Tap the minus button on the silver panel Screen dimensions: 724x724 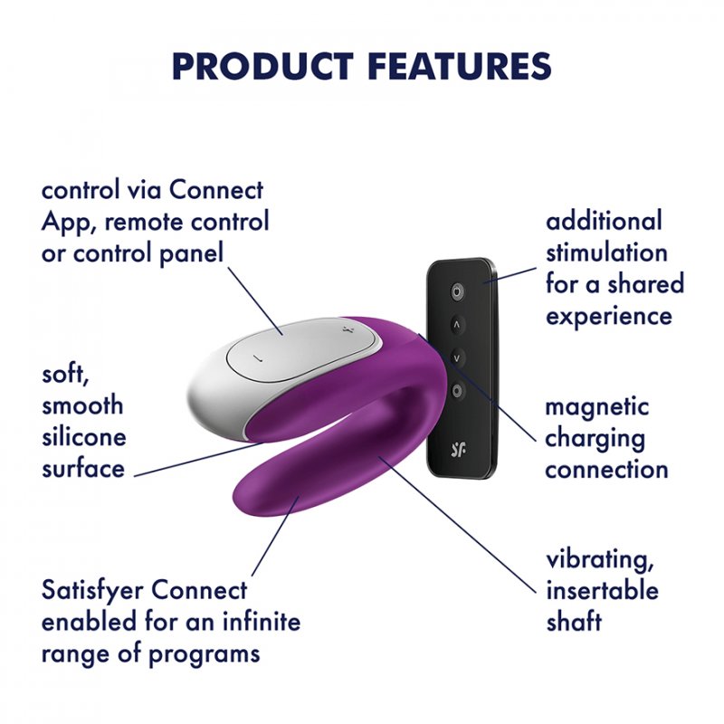click(x=256, y=357)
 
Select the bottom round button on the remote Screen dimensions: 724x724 click(x=458, y=391)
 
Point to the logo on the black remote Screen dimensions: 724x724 click(x=458, y=446)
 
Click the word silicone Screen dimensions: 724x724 click(x=84, y=437)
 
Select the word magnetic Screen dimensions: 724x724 click(x=596, y=407)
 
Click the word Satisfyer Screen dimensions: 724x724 click(x=93, y=591)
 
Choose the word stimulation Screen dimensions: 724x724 click(x=606, y=252)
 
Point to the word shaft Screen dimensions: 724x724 click(x=574, y=623)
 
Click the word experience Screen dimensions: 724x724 click(x=609, y=316)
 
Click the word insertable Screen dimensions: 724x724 click(x=602, y=592)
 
